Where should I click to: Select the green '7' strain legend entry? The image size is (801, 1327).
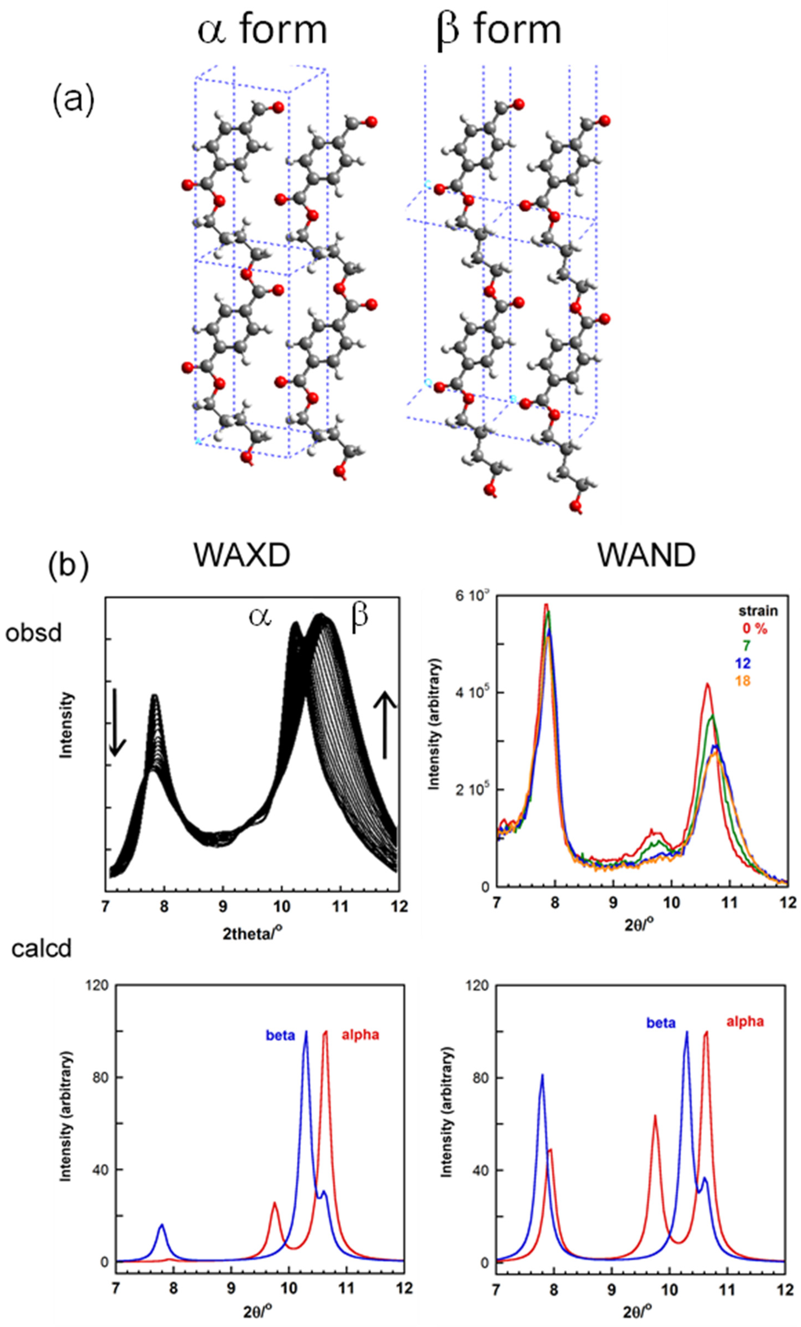tap(746, 645)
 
